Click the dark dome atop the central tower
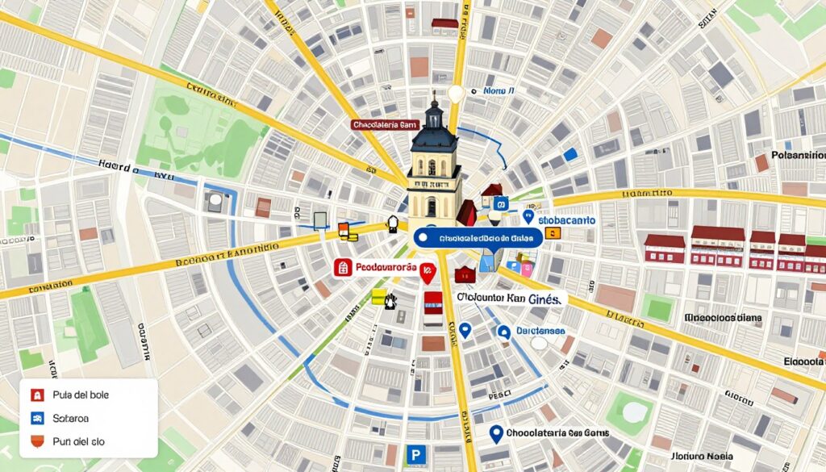pyautogui.click(x=435, y=136)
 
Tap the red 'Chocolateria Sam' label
pyautogui.click(x=384, y=125)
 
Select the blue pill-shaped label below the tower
pyautogui.click(x=475, y=238)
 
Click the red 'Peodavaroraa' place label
pyautogui.click(x=377, y=268)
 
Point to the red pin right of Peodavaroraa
pyautogui.click(x=428, y=274)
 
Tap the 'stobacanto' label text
pyautogui.click(x=566, y=219)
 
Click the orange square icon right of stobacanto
pyautogui.click(x=553, y=233)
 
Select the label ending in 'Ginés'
pyautogui.click(x=510, y=298)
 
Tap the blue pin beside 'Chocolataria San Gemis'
pyautogui.click(x=497, y=433)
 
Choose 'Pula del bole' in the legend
pyautogui.click(x=80, y=395)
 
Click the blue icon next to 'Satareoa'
pyautogui.click(x=36, y=419)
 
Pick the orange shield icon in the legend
pyautogui.click(x=36, y=442)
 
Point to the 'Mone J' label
pyautogui.click(x=498, y=92)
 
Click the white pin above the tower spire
pyautogui.click(x=456, y=94)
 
